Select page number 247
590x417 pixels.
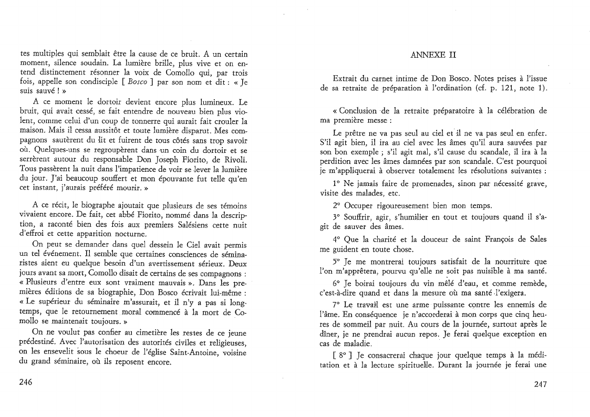(540, 384)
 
